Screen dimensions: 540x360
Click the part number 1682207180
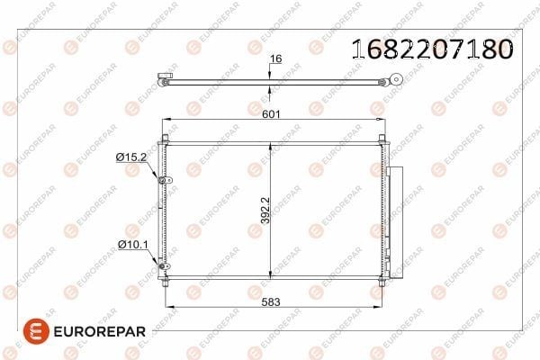433,49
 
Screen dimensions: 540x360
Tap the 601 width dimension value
271,113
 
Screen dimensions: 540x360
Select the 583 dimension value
271,302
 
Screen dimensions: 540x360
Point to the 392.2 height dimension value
265,210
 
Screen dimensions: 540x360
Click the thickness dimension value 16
275,58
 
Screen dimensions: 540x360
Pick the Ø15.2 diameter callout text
131,157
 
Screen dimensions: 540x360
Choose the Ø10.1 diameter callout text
133,245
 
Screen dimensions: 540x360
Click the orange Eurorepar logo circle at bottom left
36,331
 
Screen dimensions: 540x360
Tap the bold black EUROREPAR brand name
100,332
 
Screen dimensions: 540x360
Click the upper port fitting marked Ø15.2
165,180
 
